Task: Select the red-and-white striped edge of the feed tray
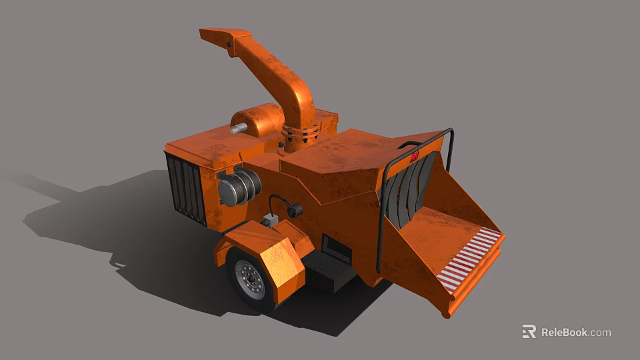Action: (x=470, y=257)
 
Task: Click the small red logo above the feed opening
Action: (x=413, y=157)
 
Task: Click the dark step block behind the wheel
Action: (x=327, y=269)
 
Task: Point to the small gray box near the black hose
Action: (x=269, y=219)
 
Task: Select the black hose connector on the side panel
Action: (x=294, y=211)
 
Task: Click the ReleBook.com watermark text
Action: (x=575, y=332)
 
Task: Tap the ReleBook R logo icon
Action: (x=529, y=331)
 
